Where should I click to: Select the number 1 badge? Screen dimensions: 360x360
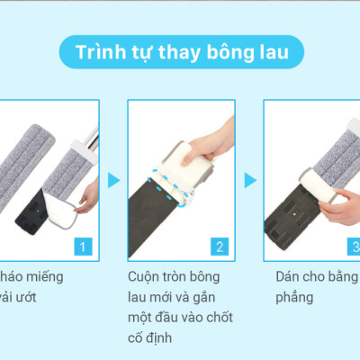[84, 245]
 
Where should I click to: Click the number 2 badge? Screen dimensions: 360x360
[219, 245]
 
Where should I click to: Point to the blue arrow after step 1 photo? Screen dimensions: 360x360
[113, 180]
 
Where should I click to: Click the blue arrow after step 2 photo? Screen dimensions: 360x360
[249, 180]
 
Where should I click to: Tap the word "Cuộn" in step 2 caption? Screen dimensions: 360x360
[148, 276]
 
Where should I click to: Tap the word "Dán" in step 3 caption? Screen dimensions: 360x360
[290, 276]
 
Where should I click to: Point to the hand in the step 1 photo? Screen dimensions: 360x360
[87, 193]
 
